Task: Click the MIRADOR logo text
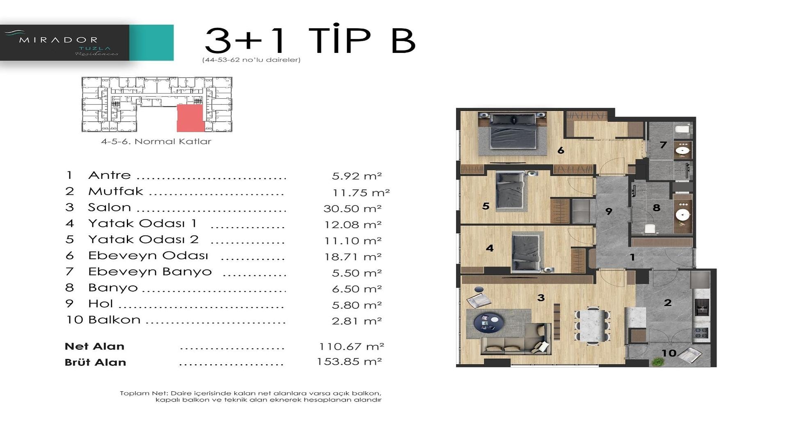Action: click(x=58, y=40)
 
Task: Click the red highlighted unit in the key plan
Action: click(x=190, y=118)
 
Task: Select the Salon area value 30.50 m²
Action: click(x=353, y=208)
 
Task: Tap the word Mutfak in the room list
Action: click(x=115, y=191)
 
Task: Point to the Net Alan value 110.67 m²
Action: click(x=351, y=347)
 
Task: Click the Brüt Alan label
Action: click(x=95, y=362)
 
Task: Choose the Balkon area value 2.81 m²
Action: click(x=357, y=321)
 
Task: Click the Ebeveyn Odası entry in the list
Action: click(x=148, y=256)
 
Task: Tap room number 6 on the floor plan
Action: click(x=561, y=151)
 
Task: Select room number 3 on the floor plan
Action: click(x=541, y=298)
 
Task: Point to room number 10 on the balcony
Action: click(x=669, y=353)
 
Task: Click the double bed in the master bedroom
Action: click(x=513, y=132)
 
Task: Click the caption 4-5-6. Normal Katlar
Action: click(x=156, y=142)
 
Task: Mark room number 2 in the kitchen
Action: click(x=668, y=303)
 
